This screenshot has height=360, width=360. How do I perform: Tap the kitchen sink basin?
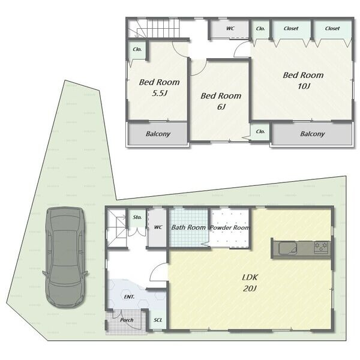[288, 248]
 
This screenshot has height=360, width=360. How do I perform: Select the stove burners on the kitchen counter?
[321, 247]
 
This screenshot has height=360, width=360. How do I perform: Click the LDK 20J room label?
[250, 283]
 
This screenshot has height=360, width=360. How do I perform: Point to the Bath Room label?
[188, 227]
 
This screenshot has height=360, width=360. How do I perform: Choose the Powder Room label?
[230, 227]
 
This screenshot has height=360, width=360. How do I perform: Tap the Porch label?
[127, 320]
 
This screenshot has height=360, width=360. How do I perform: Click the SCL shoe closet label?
[158, 320]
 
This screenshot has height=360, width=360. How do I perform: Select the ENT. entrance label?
[129, 297]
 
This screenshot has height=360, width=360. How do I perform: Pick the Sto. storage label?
[137, 217]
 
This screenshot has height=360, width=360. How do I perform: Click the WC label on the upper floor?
[230, 28]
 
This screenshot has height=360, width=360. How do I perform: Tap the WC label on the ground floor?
[158, 227]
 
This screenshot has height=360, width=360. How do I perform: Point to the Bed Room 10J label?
[303, 80]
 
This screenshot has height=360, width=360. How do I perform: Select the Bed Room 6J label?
[221, 101]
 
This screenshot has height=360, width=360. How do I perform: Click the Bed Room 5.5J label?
[159, 87]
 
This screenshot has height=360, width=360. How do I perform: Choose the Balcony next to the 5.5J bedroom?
[158, 134]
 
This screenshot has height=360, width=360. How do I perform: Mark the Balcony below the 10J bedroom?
[312, 134]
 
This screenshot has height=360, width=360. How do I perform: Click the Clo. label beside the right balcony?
[260, 131]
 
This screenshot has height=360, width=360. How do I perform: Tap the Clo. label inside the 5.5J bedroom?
[137, 49]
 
